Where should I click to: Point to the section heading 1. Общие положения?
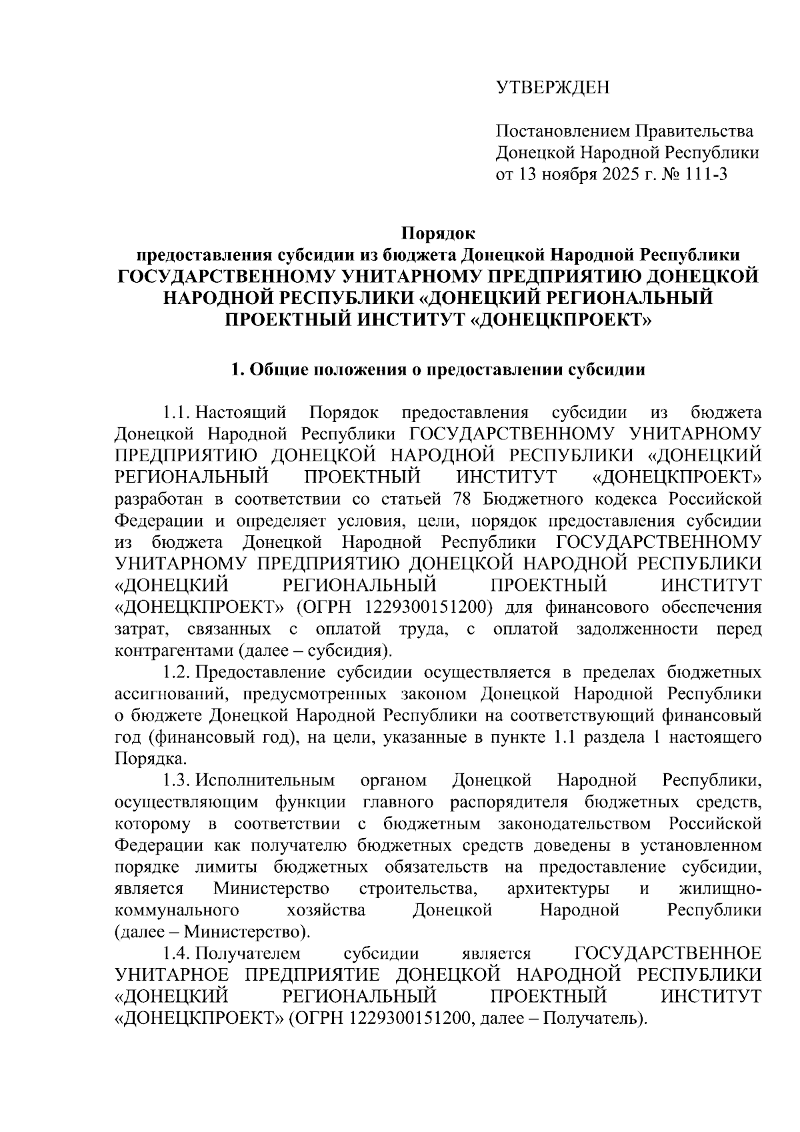(437, 371)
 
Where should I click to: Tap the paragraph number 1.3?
(178, 780)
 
